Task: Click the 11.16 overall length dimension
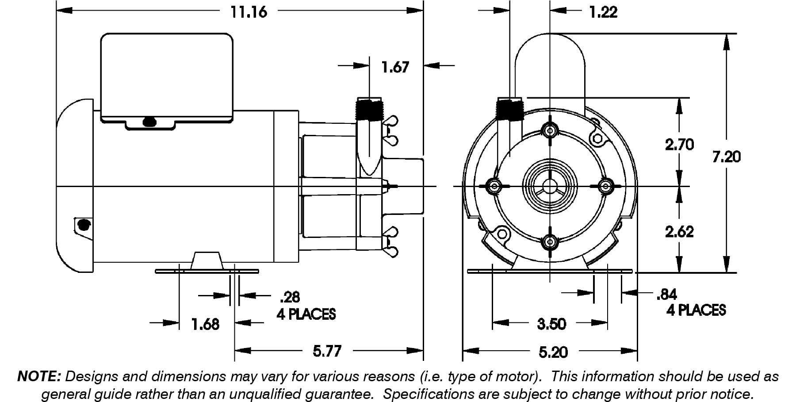click(x=249, y=12)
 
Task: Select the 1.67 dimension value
click(x=395, y=67)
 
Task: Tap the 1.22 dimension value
click(x=603, y=12)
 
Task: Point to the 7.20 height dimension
click(x=726, y=157)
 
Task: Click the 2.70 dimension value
click(x=679, y=145)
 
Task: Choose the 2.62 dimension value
click(x=679, y=232)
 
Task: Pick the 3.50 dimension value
click(x=551, y=324)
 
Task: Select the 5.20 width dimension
click(x=553, y=352)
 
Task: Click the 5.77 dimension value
click(x=327, y=352)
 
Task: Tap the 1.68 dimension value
click(x=205, y=324)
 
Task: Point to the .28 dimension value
click(x=290, y=297)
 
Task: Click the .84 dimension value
click(x=667, y=295)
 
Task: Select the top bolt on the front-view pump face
click(x=550, y=130)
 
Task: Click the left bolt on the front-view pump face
click(x=494, y=186)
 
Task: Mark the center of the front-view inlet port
click(x=550, y=186)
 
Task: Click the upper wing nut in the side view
click(x=391, y=121)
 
